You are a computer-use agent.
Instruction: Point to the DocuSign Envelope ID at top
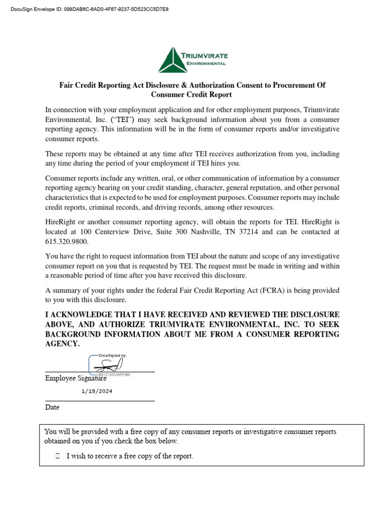(86, 9)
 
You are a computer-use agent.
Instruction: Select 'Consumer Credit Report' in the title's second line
(191, 95)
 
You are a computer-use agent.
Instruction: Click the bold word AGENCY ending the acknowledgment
(62, 344)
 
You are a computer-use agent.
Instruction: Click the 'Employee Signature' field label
(76, 378)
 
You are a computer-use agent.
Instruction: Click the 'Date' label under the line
(52, 408)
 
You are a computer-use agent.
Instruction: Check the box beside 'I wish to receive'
(58, 456)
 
